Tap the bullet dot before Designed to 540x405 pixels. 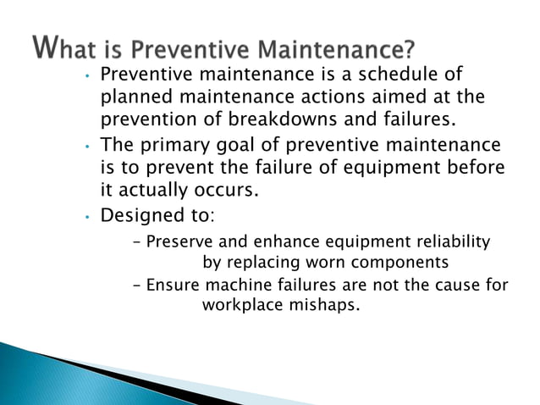(x=86, y=218)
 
